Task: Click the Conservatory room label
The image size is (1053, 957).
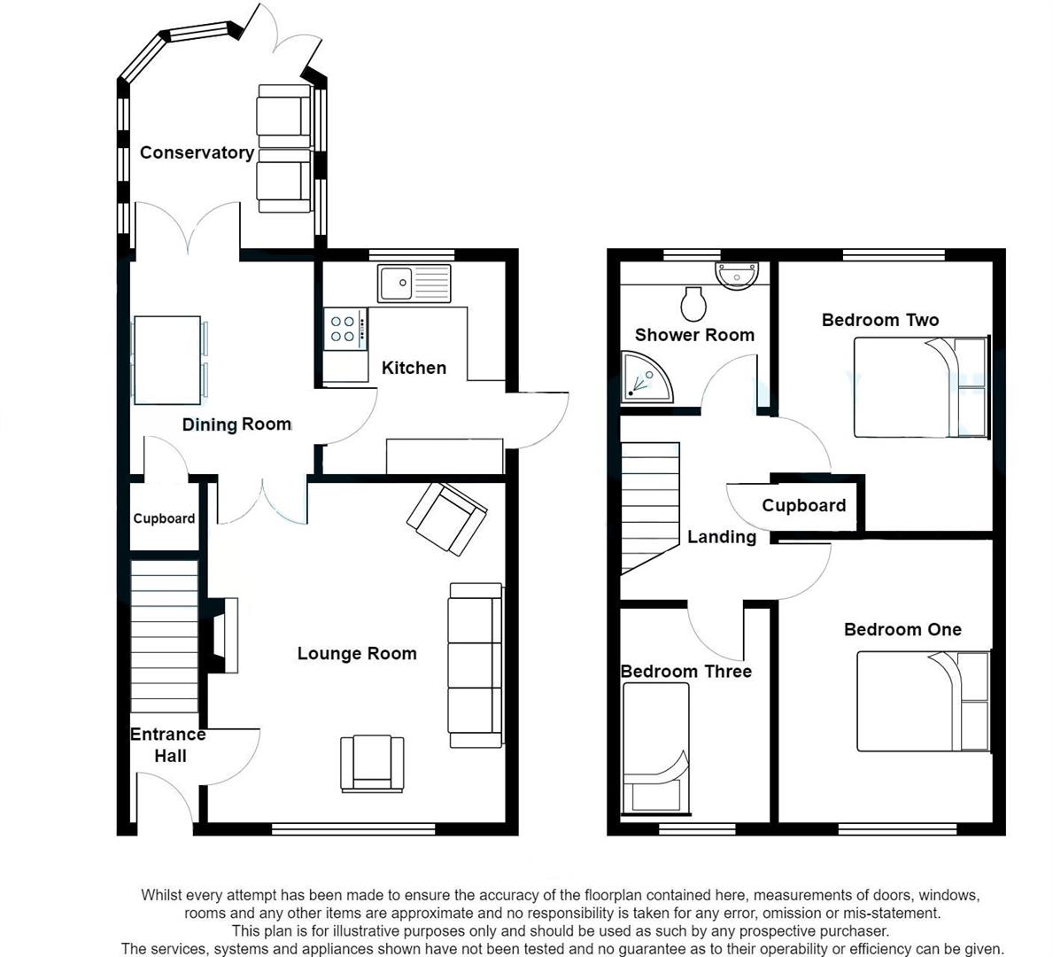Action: point(197,152)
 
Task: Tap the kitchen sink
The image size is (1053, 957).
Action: point(414,284)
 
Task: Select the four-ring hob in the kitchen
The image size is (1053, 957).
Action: point(344,329)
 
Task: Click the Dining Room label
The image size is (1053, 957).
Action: point(236,424)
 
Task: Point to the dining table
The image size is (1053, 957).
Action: point(166,360)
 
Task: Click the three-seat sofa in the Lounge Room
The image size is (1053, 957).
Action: point(476,665)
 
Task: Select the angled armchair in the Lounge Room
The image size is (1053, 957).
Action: point(447,518)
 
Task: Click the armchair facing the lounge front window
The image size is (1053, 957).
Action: point(372,763)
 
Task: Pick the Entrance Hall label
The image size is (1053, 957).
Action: point(168,744)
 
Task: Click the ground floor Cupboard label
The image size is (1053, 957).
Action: point(164,518)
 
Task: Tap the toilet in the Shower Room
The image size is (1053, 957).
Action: point(693,304)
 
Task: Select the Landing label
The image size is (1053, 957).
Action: point(722,537)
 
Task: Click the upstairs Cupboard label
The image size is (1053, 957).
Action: point(803,505)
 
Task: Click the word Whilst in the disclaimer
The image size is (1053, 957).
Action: point(162,895)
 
